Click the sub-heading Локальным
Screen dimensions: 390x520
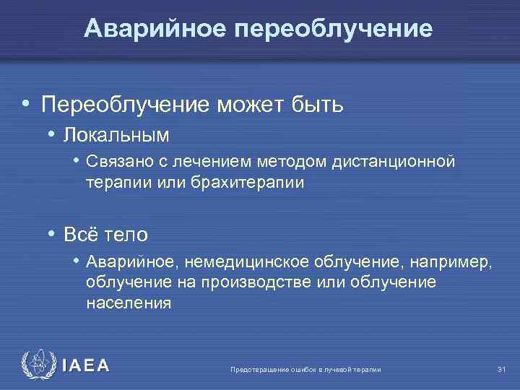click(116, 135)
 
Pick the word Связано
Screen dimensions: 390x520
click(115, 162)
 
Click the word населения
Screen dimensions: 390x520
click(129, 303)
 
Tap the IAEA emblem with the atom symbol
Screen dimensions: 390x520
click(38, 365)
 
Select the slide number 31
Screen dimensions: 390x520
click(502, 370)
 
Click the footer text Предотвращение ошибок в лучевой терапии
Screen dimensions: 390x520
click(305, 370)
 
